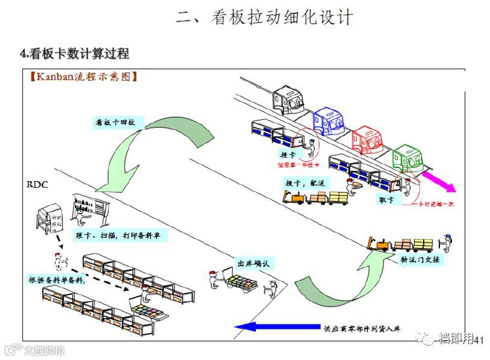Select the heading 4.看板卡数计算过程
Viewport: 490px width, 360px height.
pyautogui.click(x=75, y=54)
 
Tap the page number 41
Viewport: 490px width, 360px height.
pyautogui.click(x=479, y=341)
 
